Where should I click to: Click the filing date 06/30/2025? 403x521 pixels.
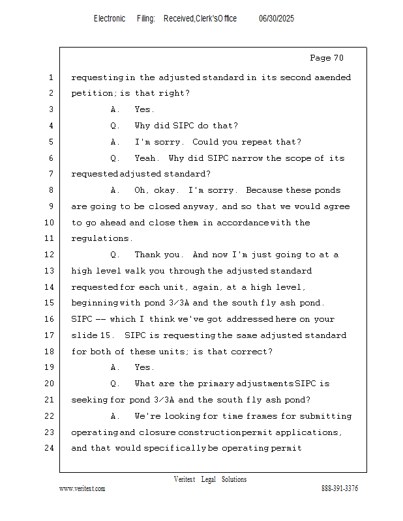point(276,19)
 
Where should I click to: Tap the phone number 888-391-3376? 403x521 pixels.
point(340,488)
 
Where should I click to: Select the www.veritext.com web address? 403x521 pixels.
point(82,488)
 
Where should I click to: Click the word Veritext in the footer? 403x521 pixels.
point(184,479)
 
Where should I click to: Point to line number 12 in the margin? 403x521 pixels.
point(50,255)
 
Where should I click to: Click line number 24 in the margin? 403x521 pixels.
point(50,448)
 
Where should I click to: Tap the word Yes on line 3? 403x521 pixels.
point(144,109)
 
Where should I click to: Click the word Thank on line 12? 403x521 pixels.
point(147,255)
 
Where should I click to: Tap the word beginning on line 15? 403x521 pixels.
point(95,303)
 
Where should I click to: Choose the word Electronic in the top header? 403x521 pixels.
point(110,19)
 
